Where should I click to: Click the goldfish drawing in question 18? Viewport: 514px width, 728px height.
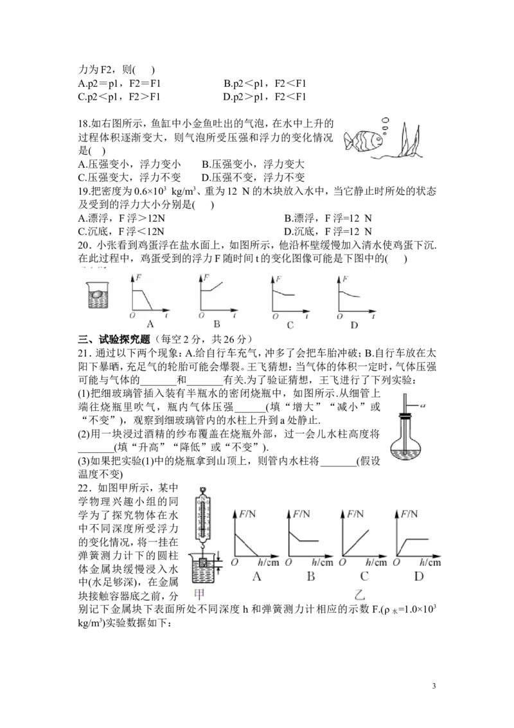[364, 140]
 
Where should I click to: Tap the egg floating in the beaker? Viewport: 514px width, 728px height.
[97, 293]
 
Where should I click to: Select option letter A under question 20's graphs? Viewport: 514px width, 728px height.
[150, 324]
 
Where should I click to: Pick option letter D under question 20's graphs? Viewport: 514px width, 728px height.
[355, 325]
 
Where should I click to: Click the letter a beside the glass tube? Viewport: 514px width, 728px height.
[423, 405]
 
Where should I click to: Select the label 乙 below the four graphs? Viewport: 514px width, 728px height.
[359, 594]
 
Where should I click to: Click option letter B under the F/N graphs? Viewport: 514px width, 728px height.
[311, 577]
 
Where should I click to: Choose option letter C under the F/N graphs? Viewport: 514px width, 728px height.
[365, 577]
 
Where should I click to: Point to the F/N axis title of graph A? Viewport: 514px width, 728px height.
[248, 514]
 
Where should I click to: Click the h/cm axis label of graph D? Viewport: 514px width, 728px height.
[430, 562]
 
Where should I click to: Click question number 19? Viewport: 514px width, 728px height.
[84, 191]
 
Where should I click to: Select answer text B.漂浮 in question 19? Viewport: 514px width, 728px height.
[299, 218]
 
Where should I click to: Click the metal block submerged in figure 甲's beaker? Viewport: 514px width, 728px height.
[202, 563]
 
